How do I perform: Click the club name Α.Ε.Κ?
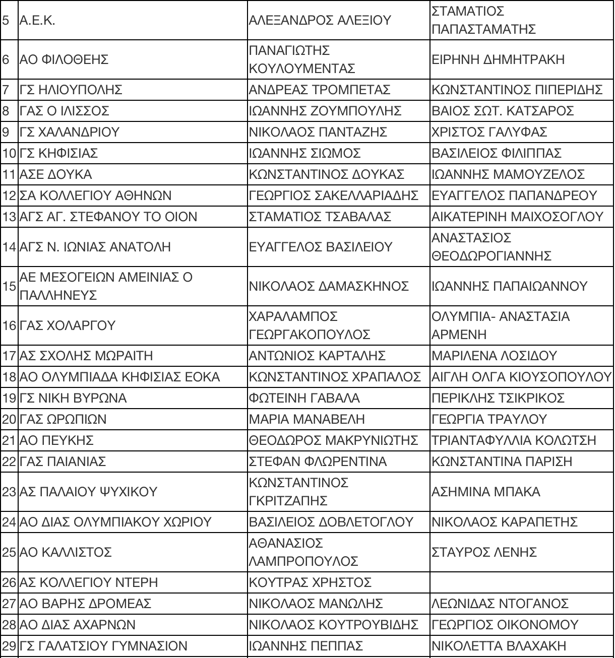pyautogui.click(x=37, y=21)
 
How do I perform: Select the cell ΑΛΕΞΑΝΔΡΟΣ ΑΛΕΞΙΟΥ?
pyautogui.click(x=320, y=21)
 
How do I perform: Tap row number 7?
pyautogui.click(x=6, y=90)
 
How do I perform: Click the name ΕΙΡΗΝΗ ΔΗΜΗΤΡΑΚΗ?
pyautogui.click(x=498, y=60)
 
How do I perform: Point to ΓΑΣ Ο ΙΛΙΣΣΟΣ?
pyautogui.click(x=64, y=111)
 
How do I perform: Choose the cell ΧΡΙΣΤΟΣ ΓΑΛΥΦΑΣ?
pyautogui.click(x=489, y=133)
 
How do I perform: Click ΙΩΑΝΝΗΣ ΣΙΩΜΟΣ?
pyautogui.click(x=305, y=154)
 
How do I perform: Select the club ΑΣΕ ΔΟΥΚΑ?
pyautogui.click(x=55, y=175)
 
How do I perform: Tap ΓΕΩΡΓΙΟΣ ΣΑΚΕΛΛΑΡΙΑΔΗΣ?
pyautogui.click(x=334, y=196)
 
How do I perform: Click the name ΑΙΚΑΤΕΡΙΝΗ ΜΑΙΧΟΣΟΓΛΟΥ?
pyautogui.click(x=517, y=217)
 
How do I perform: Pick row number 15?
pyautogui.click(x=9, y=287)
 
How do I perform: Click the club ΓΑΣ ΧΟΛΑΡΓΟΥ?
pyautogui.click(x=67, y=326)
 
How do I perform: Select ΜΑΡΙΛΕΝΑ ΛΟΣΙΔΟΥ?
pyautogui.click(x=494, y=356)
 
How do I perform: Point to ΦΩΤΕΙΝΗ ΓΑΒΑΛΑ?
pyautogui.click(x=304, y=399)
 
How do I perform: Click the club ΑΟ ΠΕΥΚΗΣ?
pyautogui.click(x=56, y=441)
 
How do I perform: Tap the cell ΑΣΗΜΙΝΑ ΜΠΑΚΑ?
pyautogui.click(x=485, y=492)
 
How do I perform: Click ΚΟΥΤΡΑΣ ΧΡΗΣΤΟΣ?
pyautogui.click(x=310, y=583)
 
